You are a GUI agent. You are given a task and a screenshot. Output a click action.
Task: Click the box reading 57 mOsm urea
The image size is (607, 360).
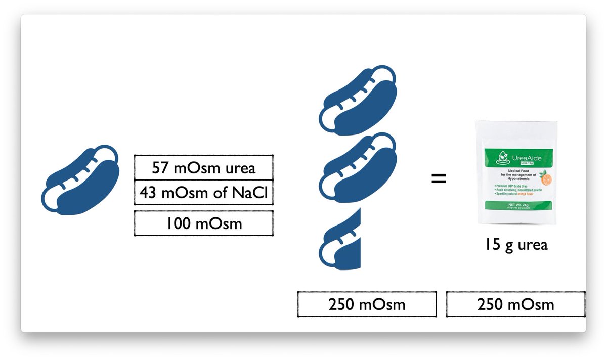[x=203, y=167]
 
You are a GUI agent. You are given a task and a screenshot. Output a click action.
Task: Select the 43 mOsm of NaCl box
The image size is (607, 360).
[x=203, y=193]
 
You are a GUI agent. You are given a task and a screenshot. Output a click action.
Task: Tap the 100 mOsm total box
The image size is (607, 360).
[x=203, y=223]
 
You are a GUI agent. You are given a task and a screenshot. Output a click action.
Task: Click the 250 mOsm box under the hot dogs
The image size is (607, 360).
[x=367, y=304]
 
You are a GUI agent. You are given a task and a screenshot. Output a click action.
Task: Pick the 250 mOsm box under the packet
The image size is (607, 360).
[x=515, y=304]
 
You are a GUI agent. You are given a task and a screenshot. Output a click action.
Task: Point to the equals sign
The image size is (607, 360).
[x=439, y=178]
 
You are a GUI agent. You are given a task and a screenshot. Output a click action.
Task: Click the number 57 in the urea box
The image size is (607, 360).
[x=162, y=167]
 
